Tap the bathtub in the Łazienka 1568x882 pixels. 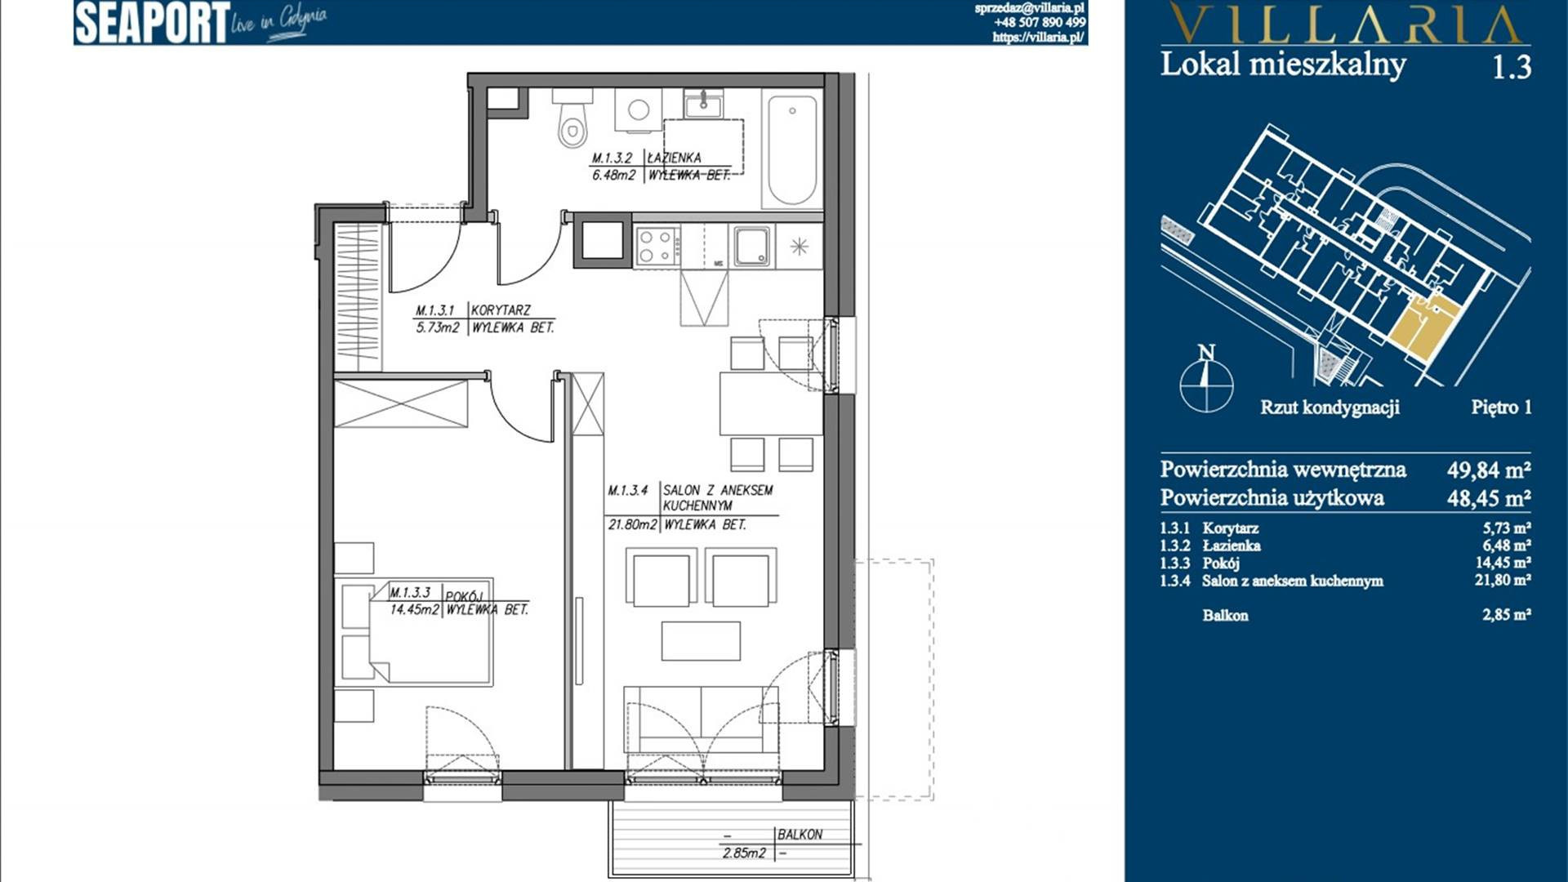tap(792, 149)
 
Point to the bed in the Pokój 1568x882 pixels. tap(430, 630)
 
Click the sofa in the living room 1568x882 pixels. tap(701, 719)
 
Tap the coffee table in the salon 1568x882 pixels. tap(701, 641)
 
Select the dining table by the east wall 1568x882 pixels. tap(771, 403)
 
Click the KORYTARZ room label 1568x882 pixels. tap(501, 310)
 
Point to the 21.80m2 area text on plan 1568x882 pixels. tap(632, 525)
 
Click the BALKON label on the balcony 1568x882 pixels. tap(800, 835)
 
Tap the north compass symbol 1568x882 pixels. tap(1206, 380)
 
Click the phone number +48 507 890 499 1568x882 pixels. tap(1040, 23)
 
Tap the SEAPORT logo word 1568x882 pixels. tap(152, 23)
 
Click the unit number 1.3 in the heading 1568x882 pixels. tap(1511, 67)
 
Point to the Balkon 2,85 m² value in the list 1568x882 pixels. tap(1506, 615)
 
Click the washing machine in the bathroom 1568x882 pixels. tap(638, 109)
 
